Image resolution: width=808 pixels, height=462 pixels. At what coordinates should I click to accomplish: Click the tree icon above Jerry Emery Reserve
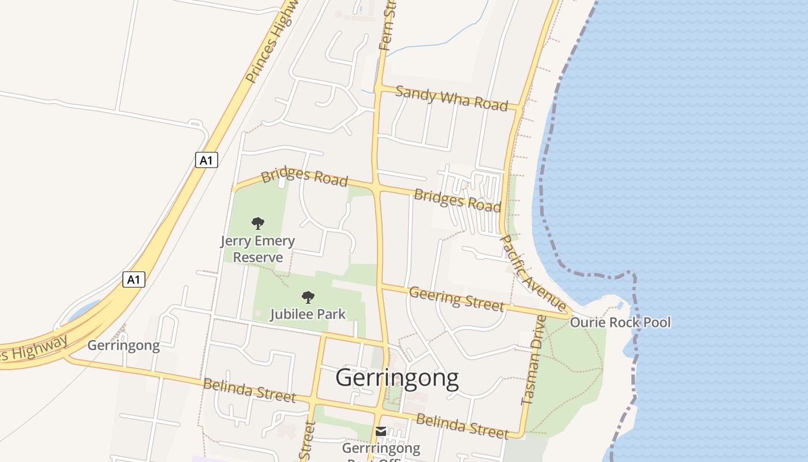tap(258, 223)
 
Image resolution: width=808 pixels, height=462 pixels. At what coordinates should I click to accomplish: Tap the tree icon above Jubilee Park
tap(308, 297)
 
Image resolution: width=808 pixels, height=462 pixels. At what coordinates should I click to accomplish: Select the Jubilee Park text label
tap(308, 314)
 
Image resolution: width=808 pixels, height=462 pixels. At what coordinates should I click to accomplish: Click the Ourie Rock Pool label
tap(620, 322)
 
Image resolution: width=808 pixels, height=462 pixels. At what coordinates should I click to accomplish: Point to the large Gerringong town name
tap(397, 378)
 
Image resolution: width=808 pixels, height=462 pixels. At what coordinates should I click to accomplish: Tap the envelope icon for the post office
tap(381, 431)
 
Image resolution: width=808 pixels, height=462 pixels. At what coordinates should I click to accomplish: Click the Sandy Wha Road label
tap(452, 98)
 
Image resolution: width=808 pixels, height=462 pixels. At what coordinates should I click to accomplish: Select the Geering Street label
tap(457, 298)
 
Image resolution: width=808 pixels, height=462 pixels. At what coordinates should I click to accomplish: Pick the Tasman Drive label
tap(534, 360)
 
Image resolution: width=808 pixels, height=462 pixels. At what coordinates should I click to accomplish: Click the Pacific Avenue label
tap(532, 271)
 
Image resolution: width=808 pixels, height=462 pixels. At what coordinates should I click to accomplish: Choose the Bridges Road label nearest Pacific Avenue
tap(457, 200)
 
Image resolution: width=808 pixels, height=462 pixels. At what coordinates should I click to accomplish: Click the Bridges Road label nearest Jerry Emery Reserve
tap(304, 177)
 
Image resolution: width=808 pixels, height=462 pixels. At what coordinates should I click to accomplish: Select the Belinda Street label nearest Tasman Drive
tap(462, 426)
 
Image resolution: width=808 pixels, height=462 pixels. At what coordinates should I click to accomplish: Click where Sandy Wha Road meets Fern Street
tap(379, 88)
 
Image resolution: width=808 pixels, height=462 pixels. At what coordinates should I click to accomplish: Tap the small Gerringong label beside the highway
tap(124, 345)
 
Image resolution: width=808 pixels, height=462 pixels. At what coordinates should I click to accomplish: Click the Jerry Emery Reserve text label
tap(257, 249)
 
